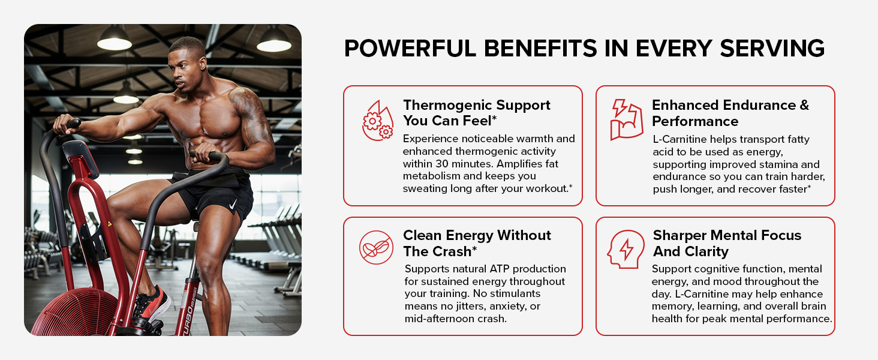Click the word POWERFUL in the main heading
point(410,48)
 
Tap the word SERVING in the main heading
point(772,48)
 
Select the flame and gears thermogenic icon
point(378,121)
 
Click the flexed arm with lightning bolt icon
point(627,119)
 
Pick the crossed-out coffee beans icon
point(376,247)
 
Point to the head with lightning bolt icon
point(626,249)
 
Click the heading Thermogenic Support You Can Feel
point(477,113)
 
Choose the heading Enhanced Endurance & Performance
point(730,113)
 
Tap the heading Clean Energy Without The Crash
point(477,243)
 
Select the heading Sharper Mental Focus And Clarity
point(727,243)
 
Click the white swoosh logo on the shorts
point(233,205)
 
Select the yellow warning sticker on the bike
point(110,224)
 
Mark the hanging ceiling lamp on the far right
point(274,40)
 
